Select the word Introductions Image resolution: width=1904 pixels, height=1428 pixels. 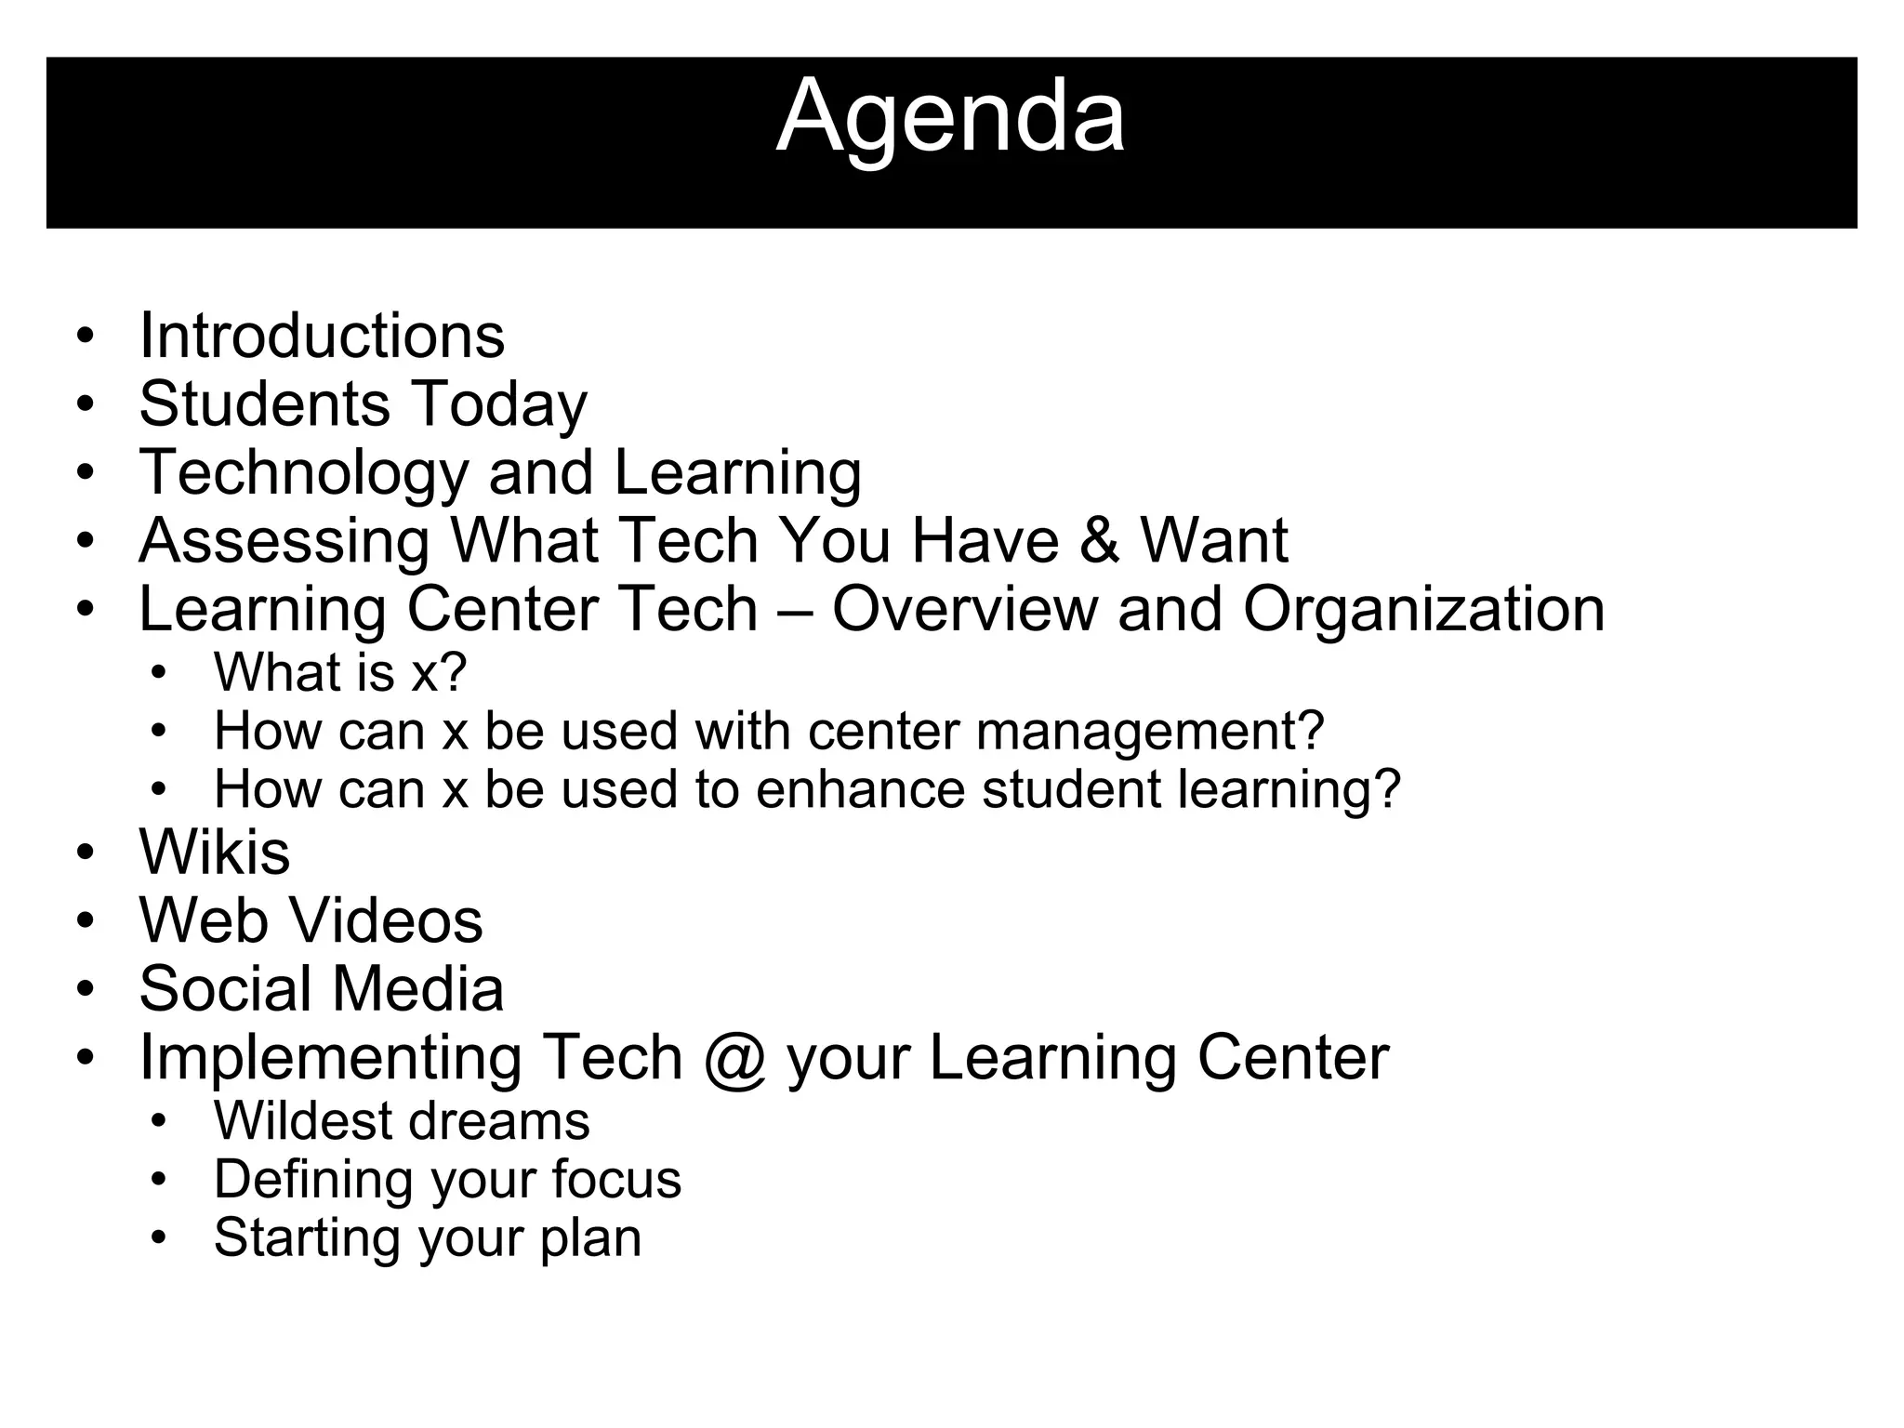coord(322,336)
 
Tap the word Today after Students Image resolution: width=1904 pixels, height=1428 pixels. coord(499,404)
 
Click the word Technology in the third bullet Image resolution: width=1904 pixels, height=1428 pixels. coord(303,473)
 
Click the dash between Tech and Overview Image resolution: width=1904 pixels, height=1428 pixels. coord(795,611)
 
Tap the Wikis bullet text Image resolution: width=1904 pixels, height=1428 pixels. coord(214,852)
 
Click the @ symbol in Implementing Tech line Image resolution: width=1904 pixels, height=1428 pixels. coord(735,1058)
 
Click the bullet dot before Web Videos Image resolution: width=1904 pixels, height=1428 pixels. coord(86,920)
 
